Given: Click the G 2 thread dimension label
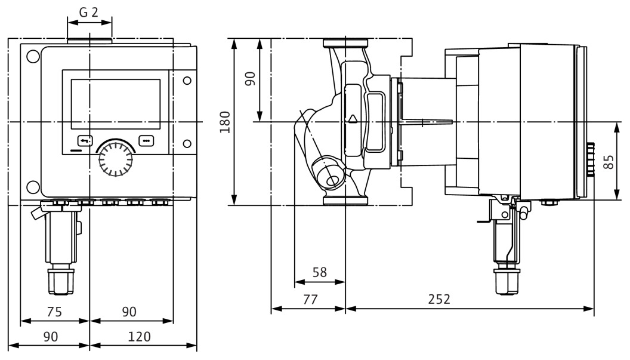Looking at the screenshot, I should pos(89,12).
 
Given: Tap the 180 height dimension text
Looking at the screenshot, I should pos(226,122).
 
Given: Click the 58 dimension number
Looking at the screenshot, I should pos(320,272).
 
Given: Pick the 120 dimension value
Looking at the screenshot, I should pos(140,337).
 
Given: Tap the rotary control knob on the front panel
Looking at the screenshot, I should pos(115,158).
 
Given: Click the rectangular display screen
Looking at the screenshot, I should pos(115,104).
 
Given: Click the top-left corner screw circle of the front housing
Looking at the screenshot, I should pos(33,57).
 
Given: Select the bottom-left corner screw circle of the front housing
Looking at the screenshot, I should pos(33,186).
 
